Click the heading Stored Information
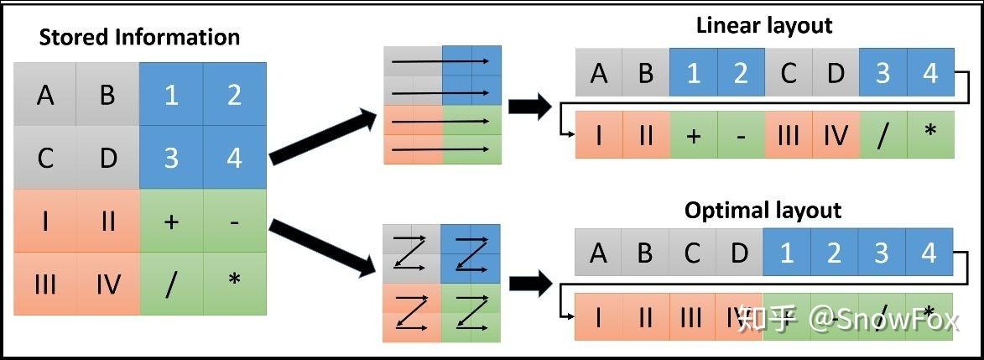click(139, 38)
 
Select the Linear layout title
click(763, 25)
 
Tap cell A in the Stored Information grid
click(45, 95)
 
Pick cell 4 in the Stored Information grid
click(234, 157)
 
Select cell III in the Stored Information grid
click(45, 284)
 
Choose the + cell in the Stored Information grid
click(171, 221)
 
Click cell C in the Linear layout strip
click(788, 72)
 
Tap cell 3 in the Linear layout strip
click(882, 72)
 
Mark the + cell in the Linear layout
click(693, 135)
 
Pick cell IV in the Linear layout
click(835, 135)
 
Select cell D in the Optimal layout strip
click(738, 253)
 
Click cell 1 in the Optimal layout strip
click(786, 253)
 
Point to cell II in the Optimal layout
click(644, 317)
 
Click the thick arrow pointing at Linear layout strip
click(529, 108)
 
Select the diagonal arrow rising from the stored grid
click(323, 134)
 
